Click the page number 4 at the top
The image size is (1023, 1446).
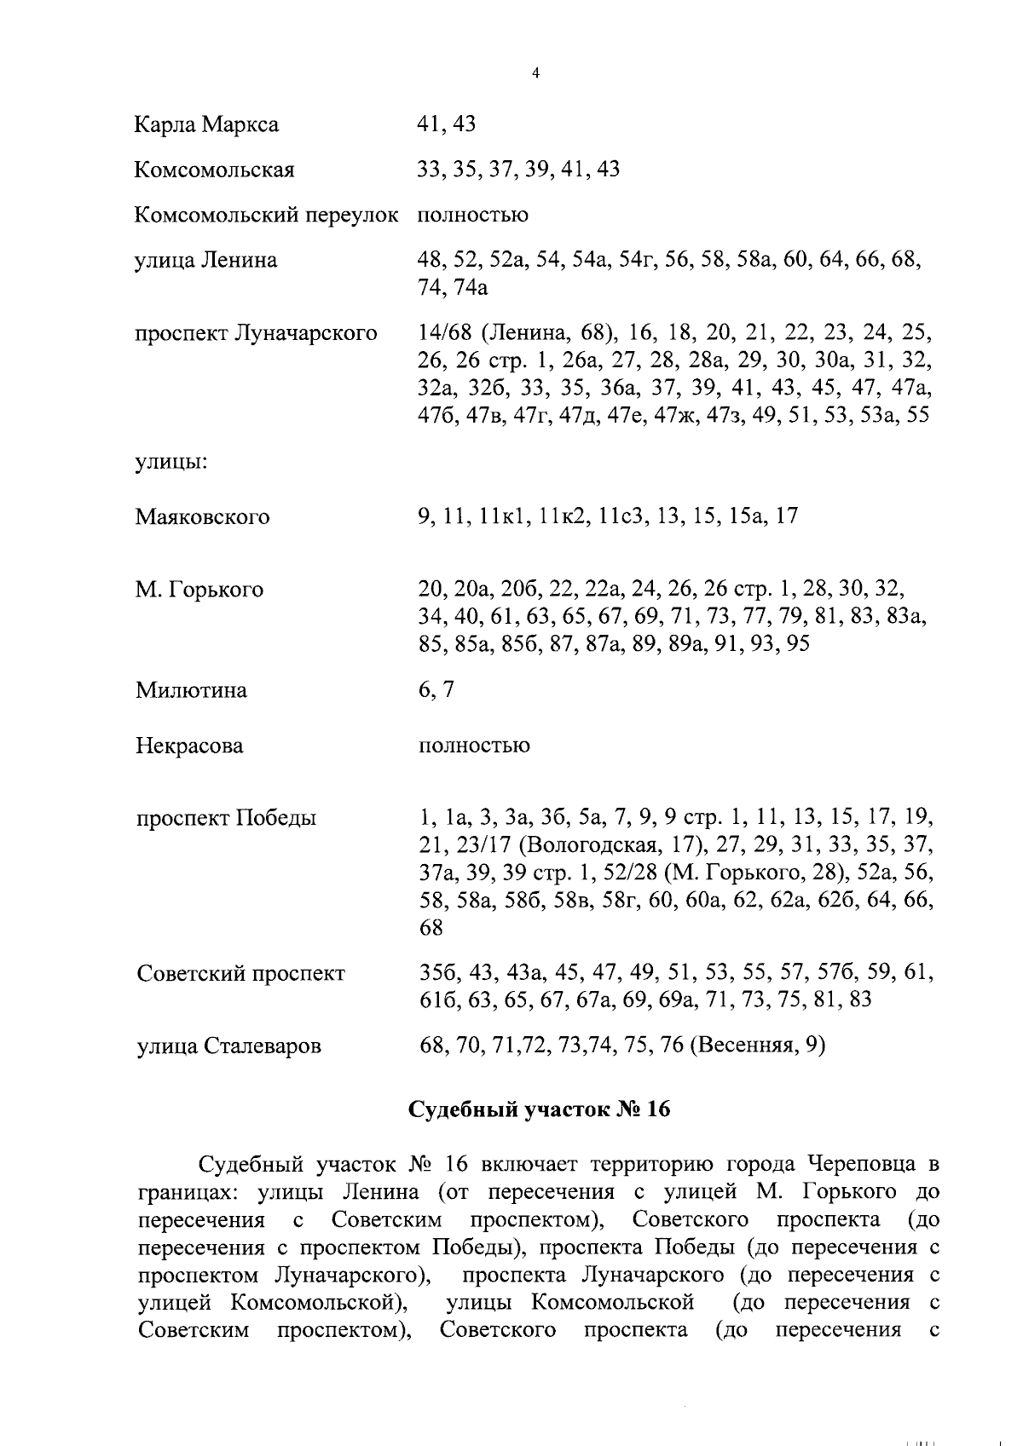coord(535,73)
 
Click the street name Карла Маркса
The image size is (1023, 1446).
coord(206,125)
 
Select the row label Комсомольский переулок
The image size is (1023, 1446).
coord(266,216)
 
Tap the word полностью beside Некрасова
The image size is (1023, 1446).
coord(474,746)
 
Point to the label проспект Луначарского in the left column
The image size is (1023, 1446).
coord(256,332)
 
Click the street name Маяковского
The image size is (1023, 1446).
coord(202,517)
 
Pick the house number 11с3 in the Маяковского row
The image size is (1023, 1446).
coord(621,516)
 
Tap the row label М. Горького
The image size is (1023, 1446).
coord(199,590)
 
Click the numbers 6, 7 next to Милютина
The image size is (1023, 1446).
coord(436,690)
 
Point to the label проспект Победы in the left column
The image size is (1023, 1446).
coord(226,819)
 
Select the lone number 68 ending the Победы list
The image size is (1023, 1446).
coord(431,928)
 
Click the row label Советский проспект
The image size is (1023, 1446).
coord(241,974)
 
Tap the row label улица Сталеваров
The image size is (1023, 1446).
coord(228,1046)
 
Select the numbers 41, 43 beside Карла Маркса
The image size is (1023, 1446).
coord(446,125)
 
